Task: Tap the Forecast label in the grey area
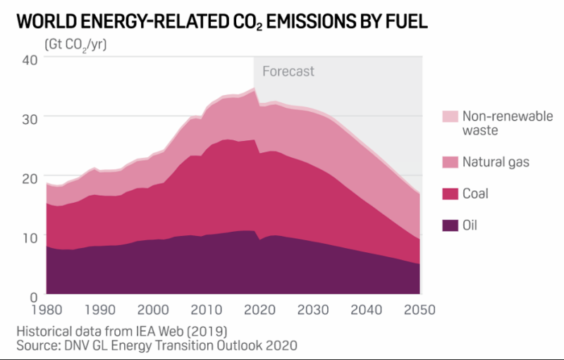tap(288, 71)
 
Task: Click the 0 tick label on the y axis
tap(32, 295)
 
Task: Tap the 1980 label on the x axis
tap(47, 309)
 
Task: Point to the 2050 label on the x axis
tap(420, 309)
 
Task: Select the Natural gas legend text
tap(495, 163)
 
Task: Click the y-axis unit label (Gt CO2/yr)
tap(75, 43)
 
